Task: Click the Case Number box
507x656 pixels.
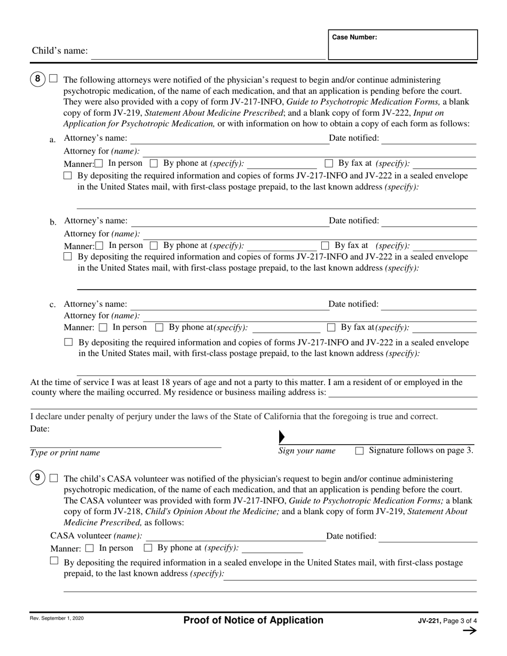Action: click(402, 45)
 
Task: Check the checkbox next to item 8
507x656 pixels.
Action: click(53, 78)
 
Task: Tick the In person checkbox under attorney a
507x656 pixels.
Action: click(99, 164)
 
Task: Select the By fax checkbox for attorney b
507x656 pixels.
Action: click(325, 245)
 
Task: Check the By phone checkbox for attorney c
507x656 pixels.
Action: click(159, 327)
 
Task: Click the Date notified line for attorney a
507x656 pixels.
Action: click(429, 140)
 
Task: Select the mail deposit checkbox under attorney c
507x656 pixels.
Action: click(68, 342)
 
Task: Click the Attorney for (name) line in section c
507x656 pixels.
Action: click(310, 316)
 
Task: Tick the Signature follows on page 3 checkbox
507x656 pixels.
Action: click(359, 451)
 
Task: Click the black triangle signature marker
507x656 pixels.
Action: click(282, 437)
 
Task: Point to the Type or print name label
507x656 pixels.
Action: click(65, 453)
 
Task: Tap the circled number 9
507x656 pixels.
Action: click(37, 478)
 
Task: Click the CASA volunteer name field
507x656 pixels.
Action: click(235, 537)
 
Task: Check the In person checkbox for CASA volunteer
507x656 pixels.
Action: click(89, 548)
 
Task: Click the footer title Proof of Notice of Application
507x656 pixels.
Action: click(253, 620)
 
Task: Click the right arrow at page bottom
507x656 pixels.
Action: click(469, 631)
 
